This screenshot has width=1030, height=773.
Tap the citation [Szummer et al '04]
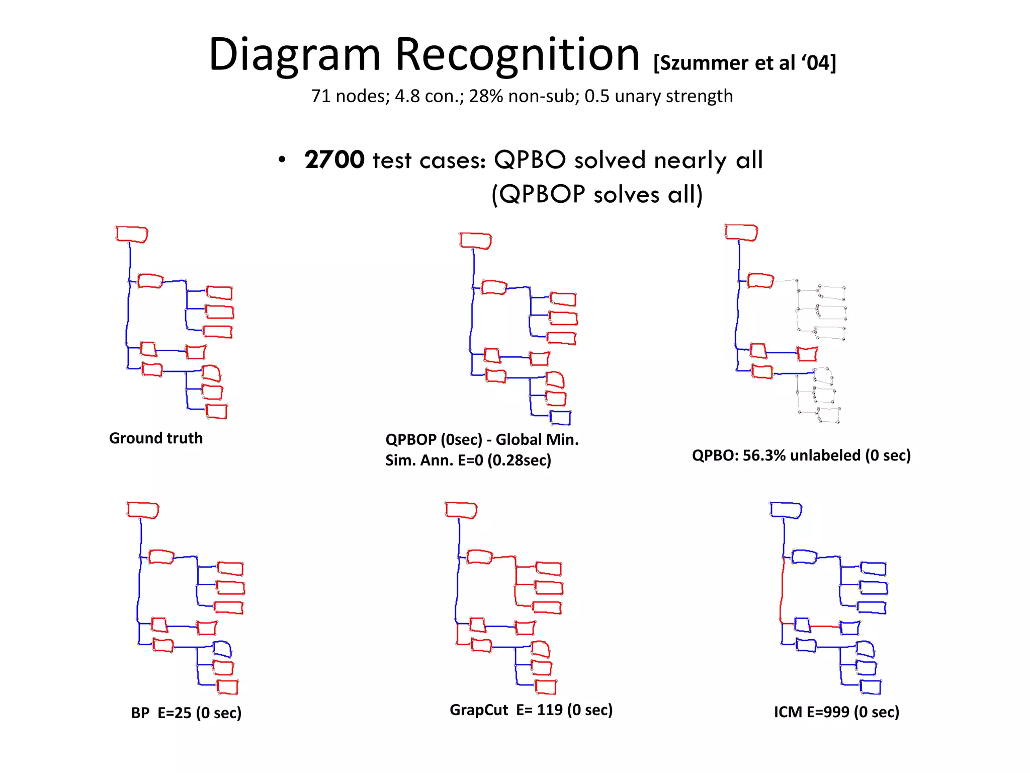coord(744,63)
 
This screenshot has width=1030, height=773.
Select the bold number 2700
coord(334,160)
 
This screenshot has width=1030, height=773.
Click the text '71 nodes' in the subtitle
coord(350,96)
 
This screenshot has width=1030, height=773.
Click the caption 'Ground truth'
coord(156,438)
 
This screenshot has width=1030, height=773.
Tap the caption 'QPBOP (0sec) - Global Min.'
coord(482,440)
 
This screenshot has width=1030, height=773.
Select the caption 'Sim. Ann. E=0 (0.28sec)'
coord(468,460)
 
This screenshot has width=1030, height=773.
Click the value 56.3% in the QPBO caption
coord(765,455)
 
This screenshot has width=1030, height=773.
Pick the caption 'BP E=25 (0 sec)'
coord(186,713)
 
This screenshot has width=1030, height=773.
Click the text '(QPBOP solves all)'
coord(597,194)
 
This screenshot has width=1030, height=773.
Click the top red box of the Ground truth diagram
coord(132,235)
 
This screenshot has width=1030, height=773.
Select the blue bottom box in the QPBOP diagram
coord(560,418)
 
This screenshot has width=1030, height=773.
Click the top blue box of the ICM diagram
coord(786,510)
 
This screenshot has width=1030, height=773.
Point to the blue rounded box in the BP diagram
coord(222,649)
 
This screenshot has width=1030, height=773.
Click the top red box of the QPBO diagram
coord(741,233)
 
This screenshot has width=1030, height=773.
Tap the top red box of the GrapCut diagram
coord(461,510)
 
